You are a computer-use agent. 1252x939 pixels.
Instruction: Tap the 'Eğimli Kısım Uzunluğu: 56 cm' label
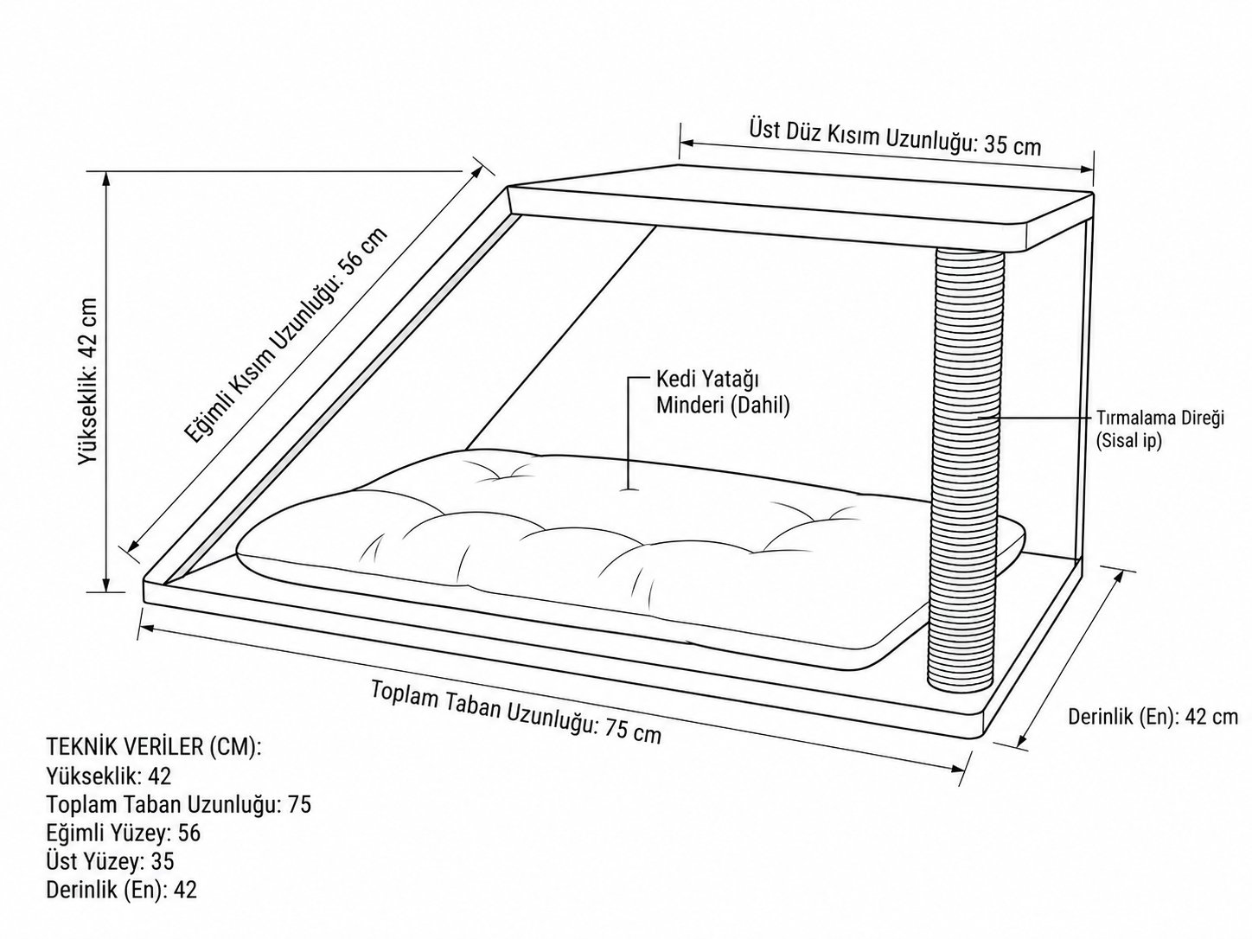[x=286, y=335]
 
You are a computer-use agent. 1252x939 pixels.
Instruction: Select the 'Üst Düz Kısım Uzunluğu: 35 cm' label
[x=895, y=137]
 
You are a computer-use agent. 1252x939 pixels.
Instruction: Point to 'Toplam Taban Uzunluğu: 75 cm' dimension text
[x=516, y=712]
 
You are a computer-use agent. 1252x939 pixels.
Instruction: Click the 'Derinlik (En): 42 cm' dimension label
[x=1153, y=717]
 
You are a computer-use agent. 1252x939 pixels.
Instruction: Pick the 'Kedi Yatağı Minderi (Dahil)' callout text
[x=723, y=393]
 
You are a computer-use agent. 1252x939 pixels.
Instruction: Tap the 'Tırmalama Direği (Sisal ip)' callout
[x=1159, y=430]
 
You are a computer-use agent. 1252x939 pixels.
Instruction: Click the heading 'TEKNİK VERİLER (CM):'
[x=153, y=747]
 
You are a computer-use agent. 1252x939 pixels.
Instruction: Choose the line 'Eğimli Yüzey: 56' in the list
[x=123, y=833]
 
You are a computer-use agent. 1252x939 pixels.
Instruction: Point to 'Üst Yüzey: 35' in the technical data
[x=110, y=861]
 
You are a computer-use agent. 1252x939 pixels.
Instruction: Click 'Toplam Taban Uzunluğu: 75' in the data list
[x=178, y=804]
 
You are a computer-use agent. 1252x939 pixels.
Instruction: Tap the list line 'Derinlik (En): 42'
[x=122, y=890]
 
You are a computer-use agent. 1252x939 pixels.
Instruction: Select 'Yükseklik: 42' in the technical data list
[x=108, y=776]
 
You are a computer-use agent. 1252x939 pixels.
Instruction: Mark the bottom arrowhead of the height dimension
[x=105, y=585]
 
